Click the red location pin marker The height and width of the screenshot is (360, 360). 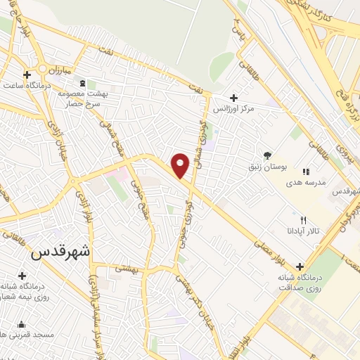[181, 165]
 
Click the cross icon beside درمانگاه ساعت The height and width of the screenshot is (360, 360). [27, 75]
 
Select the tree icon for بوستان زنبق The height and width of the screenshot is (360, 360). [266, 155]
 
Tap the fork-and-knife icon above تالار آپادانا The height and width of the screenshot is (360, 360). [303, 219]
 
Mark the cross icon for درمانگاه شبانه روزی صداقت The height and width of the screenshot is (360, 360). [300, 266]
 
